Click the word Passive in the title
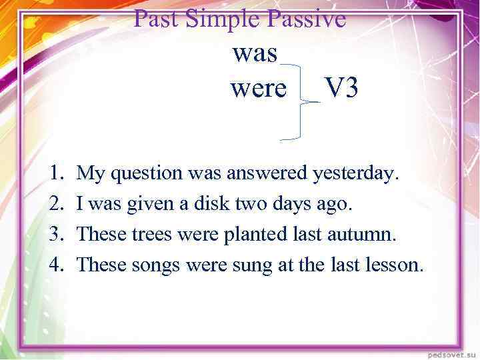coord(306,19)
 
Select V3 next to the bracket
coord(341,87)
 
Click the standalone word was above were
coord(255,54)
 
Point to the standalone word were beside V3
coord(258,87)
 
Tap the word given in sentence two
coord(147,204)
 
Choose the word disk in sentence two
coord(210,204)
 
